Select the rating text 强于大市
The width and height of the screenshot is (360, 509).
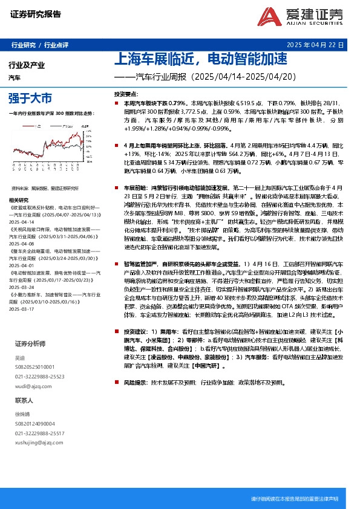pyautogui.click(x=30, y=97)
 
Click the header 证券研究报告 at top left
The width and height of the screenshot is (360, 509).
pyautogui.click(x=36, y=14)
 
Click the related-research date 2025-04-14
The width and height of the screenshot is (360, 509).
pyautogui.click(x=22, y=222)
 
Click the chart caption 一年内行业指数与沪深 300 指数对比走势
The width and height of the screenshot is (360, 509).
pyautogui.click(x=52, y=113)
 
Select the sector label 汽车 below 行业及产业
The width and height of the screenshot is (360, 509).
pyautogui.click(x=15, y=77)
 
